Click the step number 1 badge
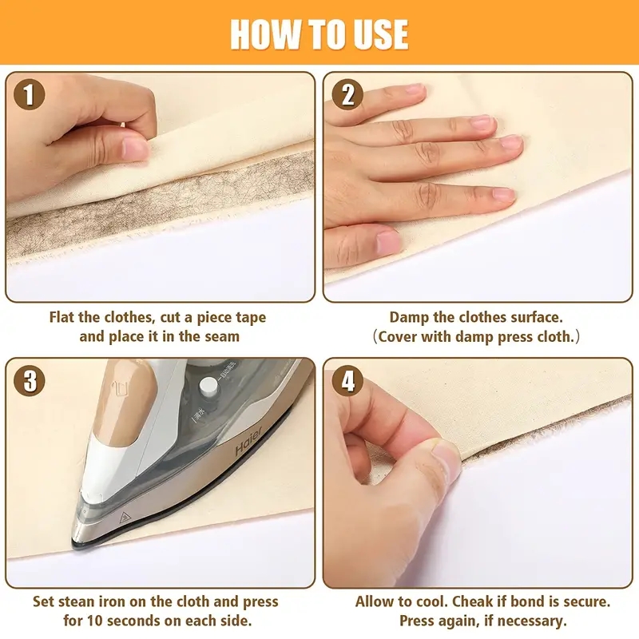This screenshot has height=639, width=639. pyautogui.click(x=30, y=96)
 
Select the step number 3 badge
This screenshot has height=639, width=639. pyautogui.click(x=30, y=381)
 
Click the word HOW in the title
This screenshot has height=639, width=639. pyautogui.click(x=267, y=34)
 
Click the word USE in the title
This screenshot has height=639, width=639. pyautogui.click(x=378, y=34)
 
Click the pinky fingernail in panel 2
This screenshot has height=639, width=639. pyautogui.click(x=389, y=243)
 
